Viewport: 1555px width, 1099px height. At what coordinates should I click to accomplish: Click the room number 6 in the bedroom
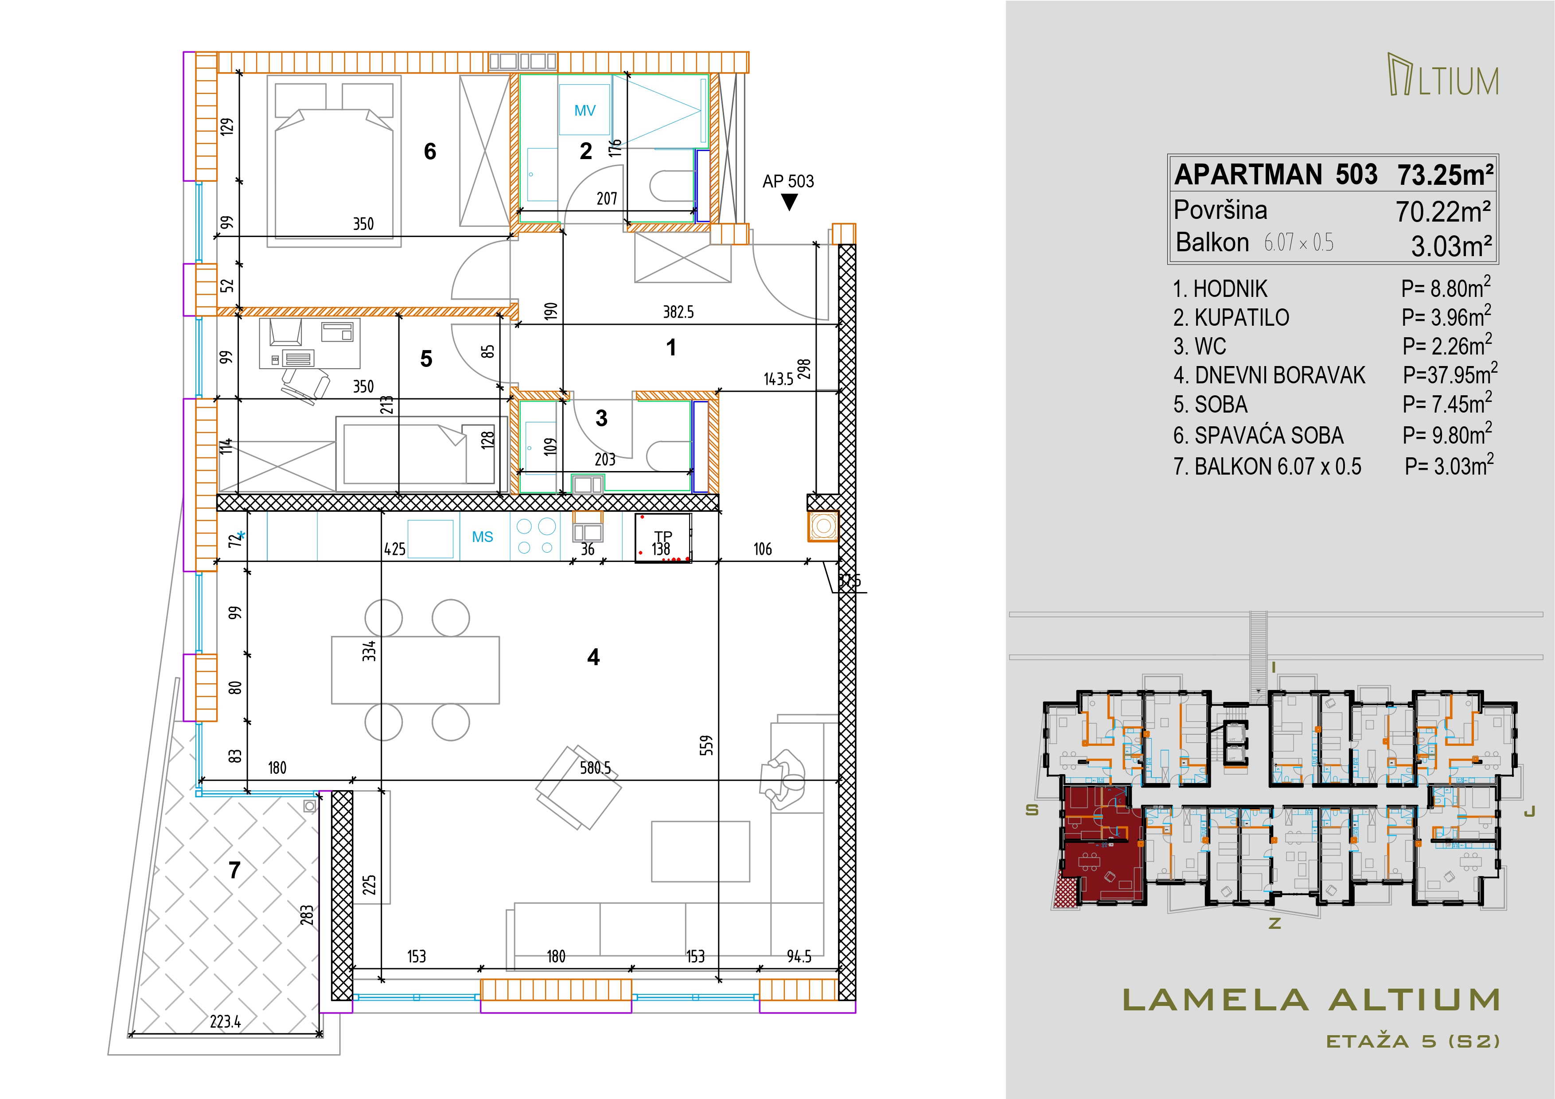point(430,151)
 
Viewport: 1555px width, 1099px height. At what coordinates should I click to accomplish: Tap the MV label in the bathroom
point(585,110)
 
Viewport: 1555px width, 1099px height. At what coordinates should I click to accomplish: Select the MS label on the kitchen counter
point(482,537)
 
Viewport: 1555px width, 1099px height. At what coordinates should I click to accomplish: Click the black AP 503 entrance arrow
point(789,202)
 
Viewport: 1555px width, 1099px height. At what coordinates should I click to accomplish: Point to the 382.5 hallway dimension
point(678,312)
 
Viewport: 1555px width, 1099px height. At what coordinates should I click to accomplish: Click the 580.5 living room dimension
point(595,768)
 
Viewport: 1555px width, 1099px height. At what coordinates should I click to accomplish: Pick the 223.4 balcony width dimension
point(226,1021)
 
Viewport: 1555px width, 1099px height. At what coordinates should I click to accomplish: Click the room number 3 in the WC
point(601,418)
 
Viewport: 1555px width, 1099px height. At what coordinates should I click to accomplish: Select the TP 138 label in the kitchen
point(662,543)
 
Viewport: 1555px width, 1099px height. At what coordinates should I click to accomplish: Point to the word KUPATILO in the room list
point(1241,318)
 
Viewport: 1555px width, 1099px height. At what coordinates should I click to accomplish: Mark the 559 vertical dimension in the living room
point(706,745)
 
